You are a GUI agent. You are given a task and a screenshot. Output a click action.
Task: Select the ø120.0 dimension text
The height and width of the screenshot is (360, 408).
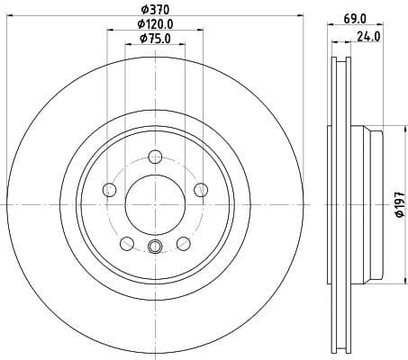[154, 23]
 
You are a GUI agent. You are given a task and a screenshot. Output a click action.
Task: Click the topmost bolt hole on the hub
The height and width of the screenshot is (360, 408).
[154, 156]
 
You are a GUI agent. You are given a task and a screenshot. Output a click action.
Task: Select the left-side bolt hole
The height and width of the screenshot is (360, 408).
[110, 189]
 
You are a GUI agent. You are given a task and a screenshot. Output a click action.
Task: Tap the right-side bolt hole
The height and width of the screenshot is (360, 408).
[199, 189]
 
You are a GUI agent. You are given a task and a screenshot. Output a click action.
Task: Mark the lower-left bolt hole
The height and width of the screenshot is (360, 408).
[127, 242]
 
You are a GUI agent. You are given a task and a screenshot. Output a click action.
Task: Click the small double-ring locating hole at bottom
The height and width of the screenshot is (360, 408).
[154, 248]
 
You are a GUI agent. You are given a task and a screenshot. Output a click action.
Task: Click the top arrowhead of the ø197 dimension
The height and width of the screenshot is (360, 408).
[385, 127]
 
